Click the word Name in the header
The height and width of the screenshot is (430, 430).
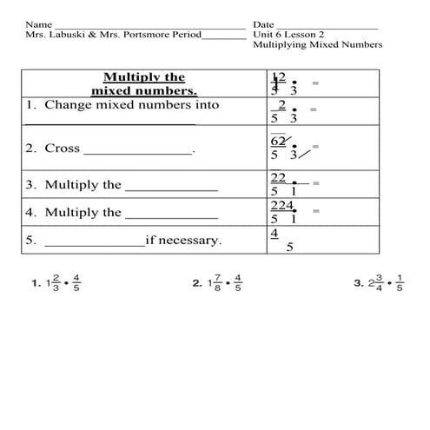[x=38, y=24]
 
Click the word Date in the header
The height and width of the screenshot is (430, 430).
[x=264, y=24]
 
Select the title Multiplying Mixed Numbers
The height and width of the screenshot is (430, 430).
[x=317, y=45]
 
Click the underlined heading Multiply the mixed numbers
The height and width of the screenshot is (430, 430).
[x=144, y=83]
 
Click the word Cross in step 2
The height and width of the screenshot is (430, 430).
[x=63, y=149]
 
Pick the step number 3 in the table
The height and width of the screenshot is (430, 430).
[x=30, y=185]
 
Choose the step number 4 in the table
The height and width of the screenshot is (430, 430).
[x=30, y=212]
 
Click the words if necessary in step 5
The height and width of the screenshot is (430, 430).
[x=183, y=240]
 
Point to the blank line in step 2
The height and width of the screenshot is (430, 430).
[x=138, y=152]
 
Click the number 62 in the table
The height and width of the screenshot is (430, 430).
[x=279, y=141]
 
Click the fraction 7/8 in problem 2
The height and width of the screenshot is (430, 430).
[x=215, y=283]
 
